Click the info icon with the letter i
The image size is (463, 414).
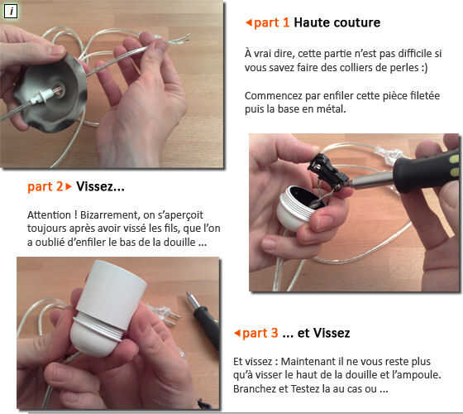[x=11, y=12]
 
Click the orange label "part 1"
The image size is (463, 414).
[x=272, y=23]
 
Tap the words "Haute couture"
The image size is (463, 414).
[x=337, y=22]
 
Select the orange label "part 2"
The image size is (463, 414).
[x=45, y=187]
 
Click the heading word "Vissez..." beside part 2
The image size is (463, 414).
[x=100, y=186]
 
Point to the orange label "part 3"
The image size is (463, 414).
[x=260, y=333]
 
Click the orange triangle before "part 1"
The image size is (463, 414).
[x=249, y=22]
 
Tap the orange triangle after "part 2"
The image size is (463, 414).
[x=69, y=186]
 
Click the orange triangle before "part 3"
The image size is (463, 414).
[x=237, y=333]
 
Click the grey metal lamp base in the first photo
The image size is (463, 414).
[x=50, y=92]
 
